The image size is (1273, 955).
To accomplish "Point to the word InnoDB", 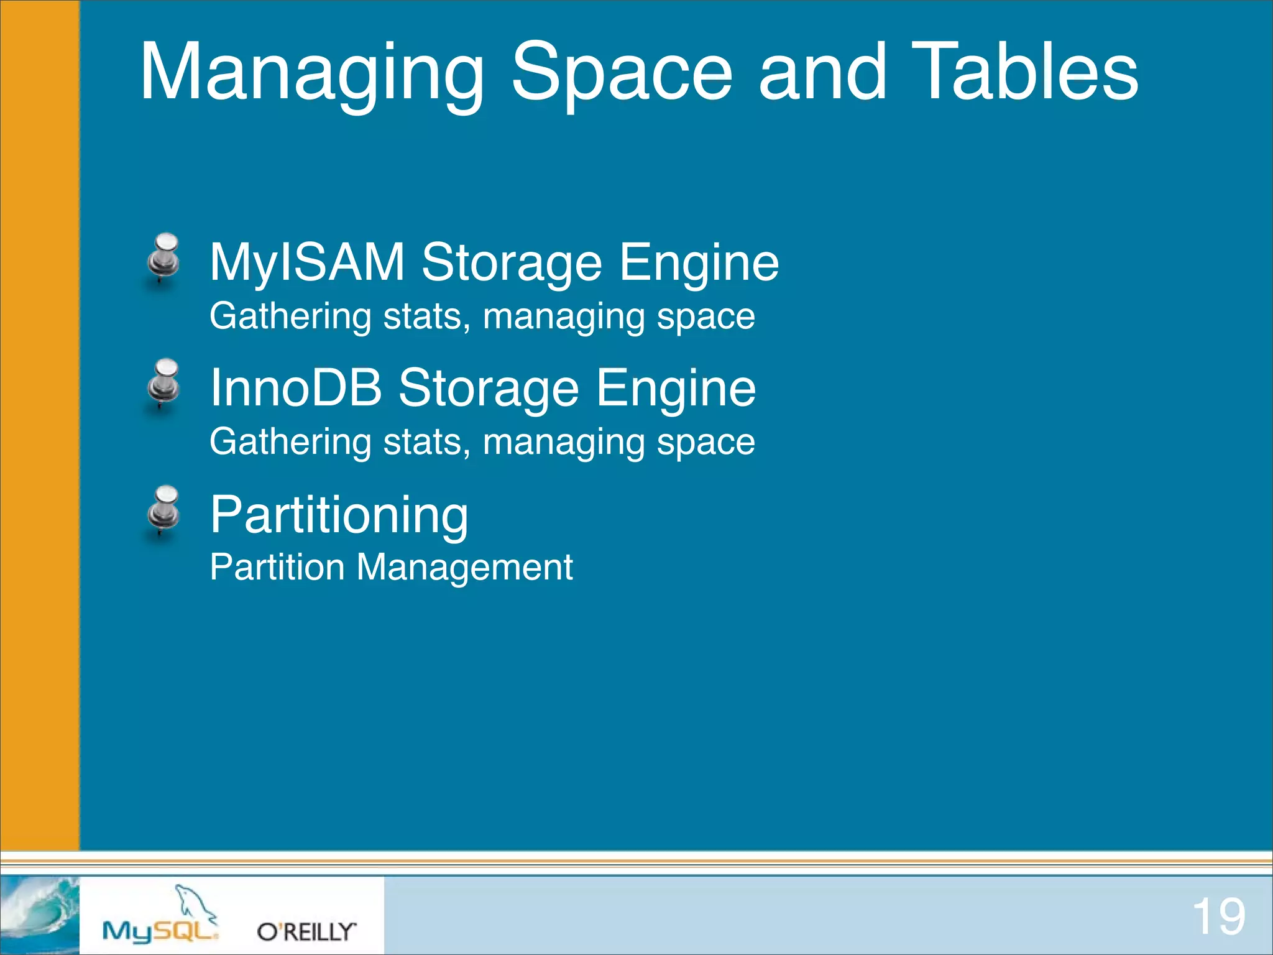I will click(296, 387).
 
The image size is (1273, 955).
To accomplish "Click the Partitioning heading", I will click(339, 514).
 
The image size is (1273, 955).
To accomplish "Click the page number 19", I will click(1218, 916).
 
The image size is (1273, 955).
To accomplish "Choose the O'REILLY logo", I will click(306, 931).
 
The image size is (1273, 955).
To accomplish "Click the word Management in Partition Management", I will click(464, 568).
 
